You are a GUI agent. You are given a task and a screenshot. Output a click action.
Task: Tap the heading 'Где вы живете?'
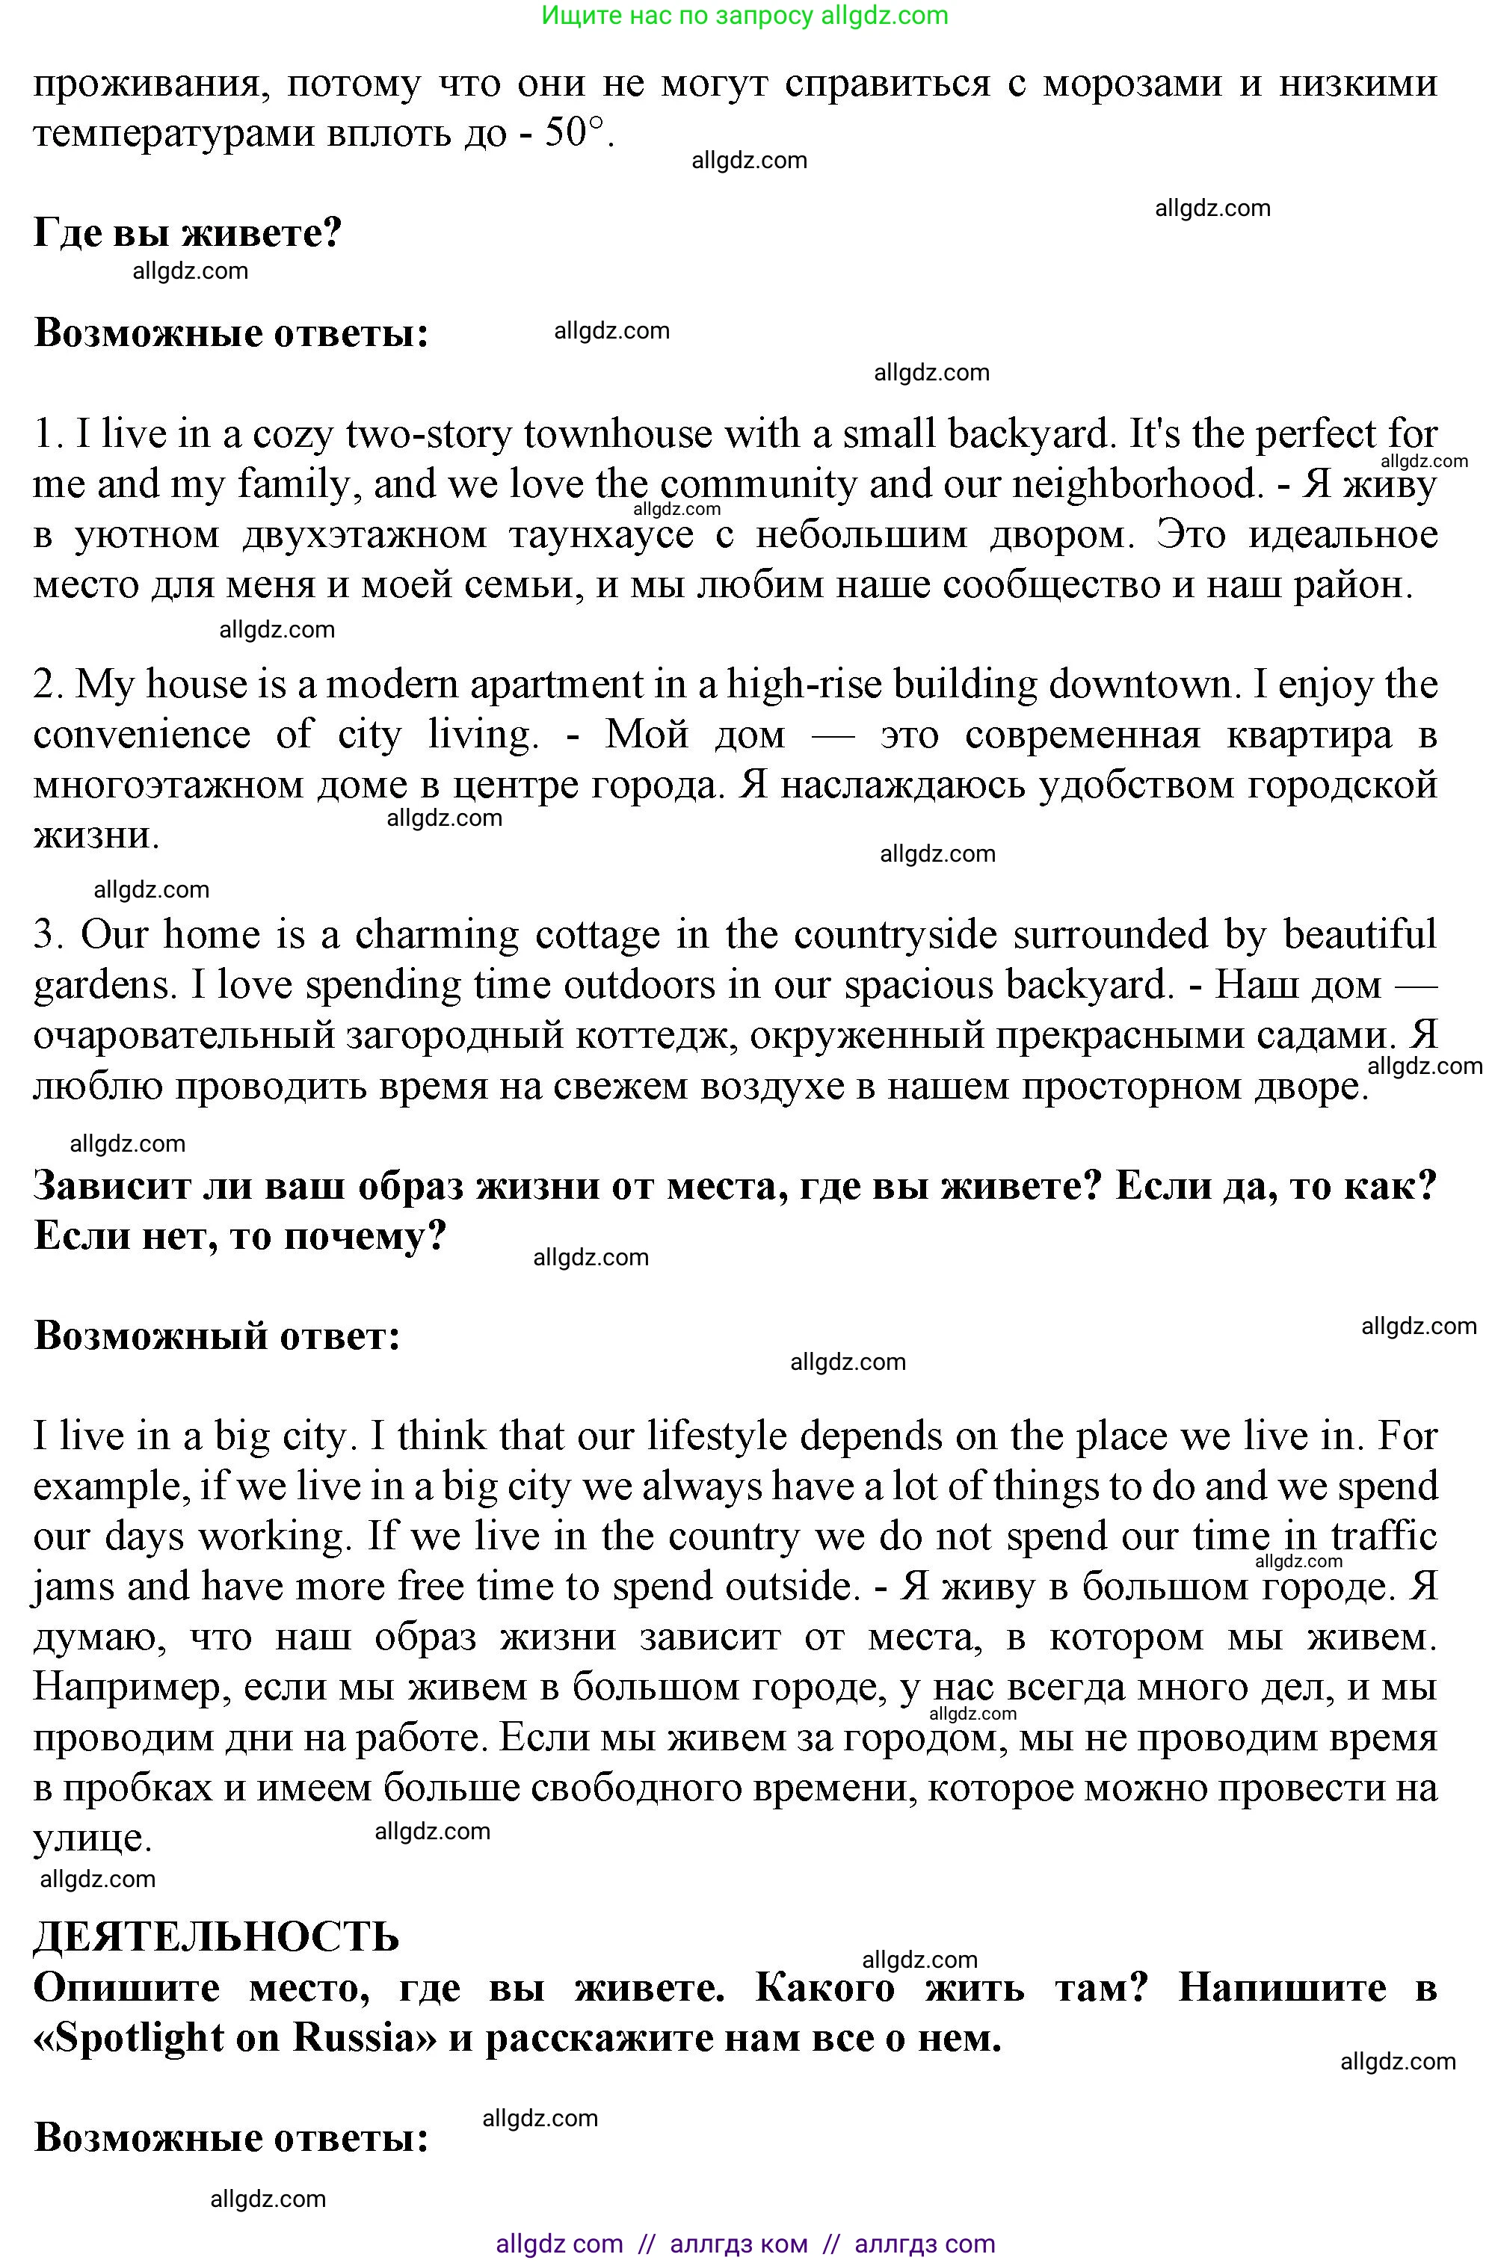click(x=188, y=232)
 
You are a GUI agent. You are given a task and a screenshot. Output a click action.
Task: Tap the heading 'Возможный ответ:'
click(x=217, y=1336)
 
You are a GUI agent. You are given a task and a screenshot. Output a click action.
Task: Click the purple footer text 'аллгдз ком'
click(x=739, y=2243)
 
